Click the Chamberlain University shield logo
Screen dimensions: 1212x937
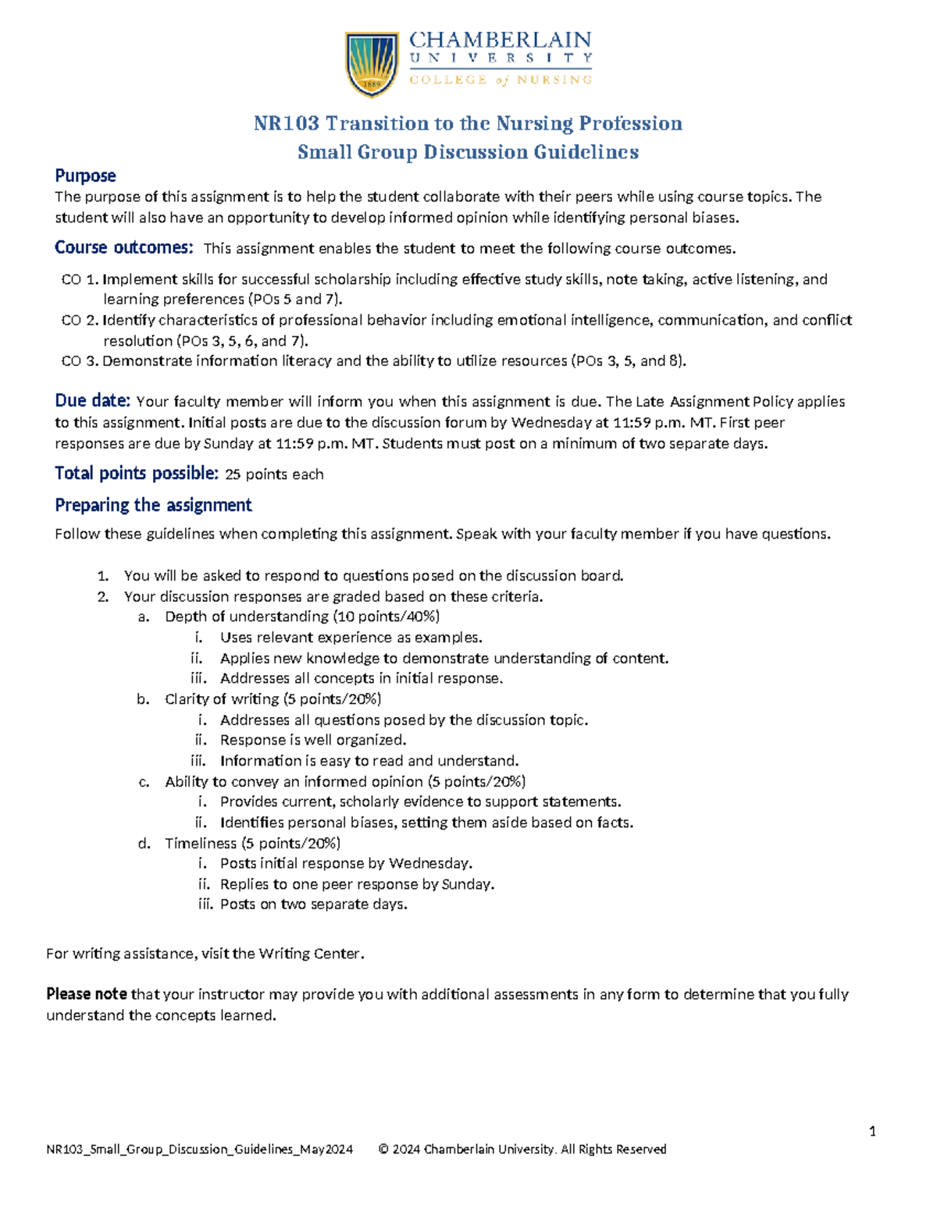click(372, 64)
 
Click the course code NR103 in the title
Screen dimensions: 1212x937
click(286, 123)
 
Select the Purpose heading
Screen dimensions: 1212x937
click(85, 176)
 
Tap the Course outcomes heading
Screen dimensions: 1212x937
click(123, 247)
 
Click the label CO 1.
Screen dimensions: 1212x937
click(80, 279)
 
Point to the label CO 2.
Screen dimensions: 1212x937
click(80, 320)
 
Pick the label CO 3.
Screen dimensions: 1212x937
click(80, 361)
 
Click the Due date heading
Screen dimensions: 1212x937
click(92, 401)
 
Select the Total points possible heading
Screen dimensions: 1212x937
click(136, 473)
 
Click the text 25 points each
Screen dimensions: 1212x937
click(274, 474)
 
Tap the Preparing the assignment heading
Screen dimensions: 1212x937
click(153, 505)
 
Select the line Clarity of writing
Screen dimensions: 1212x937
click(222, 699)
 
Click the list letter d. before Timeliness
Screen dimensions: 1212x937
click(144, 844)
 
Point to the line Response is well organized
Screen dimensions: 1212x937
click(313, 740)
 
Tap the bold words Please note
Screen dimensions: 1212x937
click(87, 994)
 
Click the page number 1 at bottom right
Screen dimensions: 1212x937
click(872, 1132)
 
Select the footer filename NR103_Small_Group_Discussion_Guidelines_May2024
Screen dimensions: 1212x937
click(200, 1149)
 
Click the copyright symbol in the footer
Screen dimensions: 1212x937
click(383, 1149)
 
